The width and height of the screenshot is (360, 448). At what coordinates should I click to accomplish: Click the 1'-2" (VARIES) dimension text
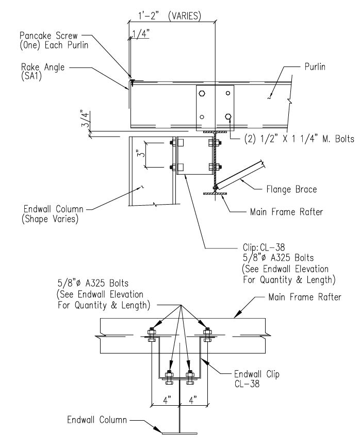coord(170,15)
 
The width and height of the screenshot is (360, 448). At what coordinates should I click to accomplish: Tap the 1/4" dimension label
coord(141,34)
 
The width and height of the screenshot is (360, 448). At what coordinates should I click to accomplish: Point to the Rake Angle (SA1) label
coord(43,72)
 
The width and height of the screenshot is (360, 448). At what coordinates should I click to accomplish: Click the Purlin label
coord(315,67)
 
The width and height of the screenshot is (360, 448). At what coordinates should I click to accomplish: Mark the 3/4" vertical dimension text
coord(85,120)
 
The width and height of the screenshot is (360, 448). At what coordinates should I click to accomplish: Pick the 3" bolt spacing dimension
coord(141,154)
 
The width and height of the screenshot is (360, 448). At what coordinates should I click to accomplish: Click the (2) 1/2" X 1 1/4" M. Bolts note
coord(299,139)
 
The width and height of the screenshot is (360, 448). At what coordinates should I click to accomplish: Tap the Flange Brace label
coord(291,189)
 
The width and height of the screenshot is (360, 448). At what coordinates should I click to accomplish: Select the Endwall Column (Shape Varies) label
coord(53,214)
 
